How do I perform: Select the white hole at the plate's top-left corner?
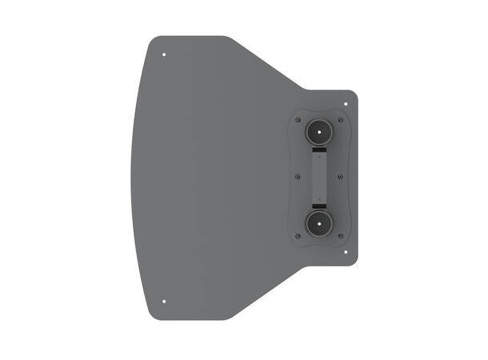click(x=164, y=55)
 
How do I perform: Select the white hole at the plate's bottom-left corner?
click(x=164, y=302)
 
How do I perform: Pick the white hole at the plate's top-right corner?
click(x=346, y=103)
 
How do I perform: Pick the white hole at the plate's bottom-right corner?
click(x=346, y=251)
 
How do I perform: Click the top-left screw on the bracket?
click(x=298, y=120)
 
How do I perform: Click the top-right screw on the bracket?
click(x=342, y=120)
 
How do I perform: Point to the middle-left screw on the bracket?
click(x=298, y=177)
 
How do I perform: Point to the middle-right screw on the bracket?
click(x=342, y=177)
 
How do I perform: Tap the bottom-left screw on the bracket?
click(x=298, y=235)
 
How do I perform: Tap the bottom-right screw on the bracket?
click(x=342, y=235)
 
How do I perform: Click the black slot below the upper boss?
click(x=319, y=150)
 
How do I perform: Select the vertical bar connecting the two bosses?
click(x=319, y=177)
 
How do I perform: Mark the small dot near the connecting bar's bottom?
click(x=319, y=194)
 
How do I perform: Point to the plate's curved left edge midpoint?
click(x=130, y=178)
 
